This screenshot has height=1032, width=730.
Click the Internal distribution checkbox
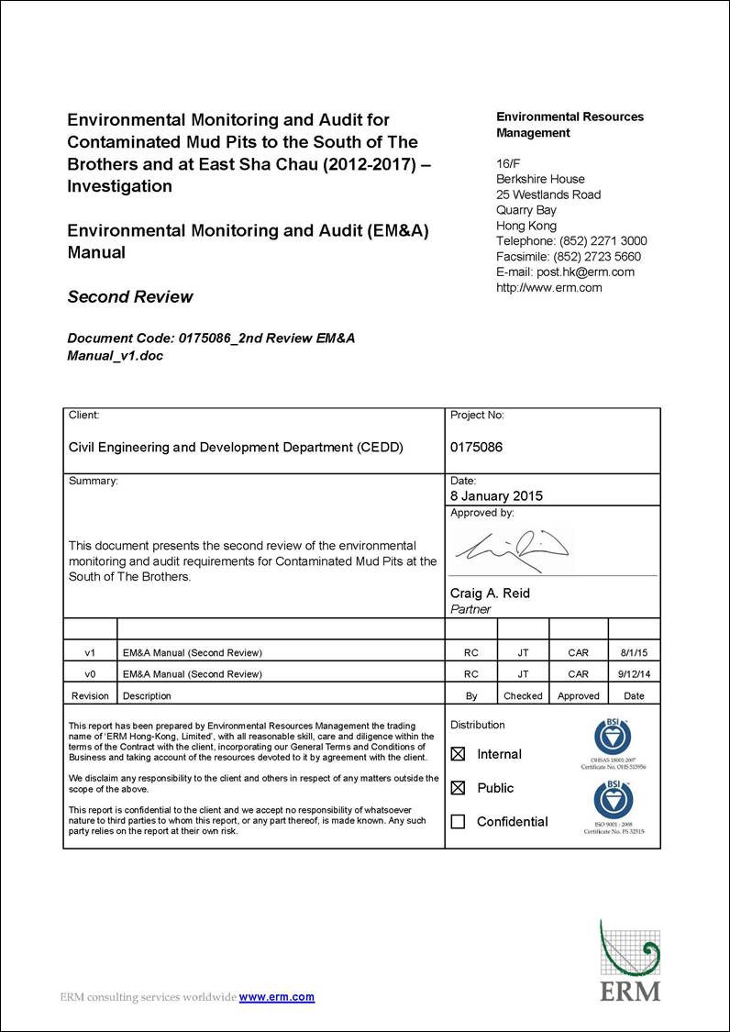459,754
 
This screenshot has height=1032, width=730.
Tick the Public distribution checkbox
459,788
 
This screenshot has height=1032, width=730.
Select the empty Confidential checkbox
459,822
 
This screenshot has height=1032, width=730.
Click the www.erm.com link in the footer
277,997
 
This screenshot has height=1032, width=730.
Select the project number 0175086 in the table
476,448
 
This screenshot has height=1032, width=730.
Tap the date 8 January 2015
496,496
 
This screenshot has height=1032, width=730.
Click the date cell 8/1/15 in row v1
633,653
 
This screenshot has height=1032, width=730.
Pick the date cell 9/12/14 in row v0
633,674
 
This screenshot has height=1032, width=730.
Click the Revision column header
90,696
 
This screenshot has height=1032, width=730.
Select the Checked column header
523,696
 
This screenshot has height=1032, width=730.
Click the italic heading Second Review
130,297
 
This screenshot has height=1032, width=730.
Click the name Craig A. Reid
490,594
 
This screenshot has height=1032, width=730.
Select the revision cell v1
90,653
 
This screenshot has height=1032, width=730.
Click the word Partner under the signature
470,609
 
